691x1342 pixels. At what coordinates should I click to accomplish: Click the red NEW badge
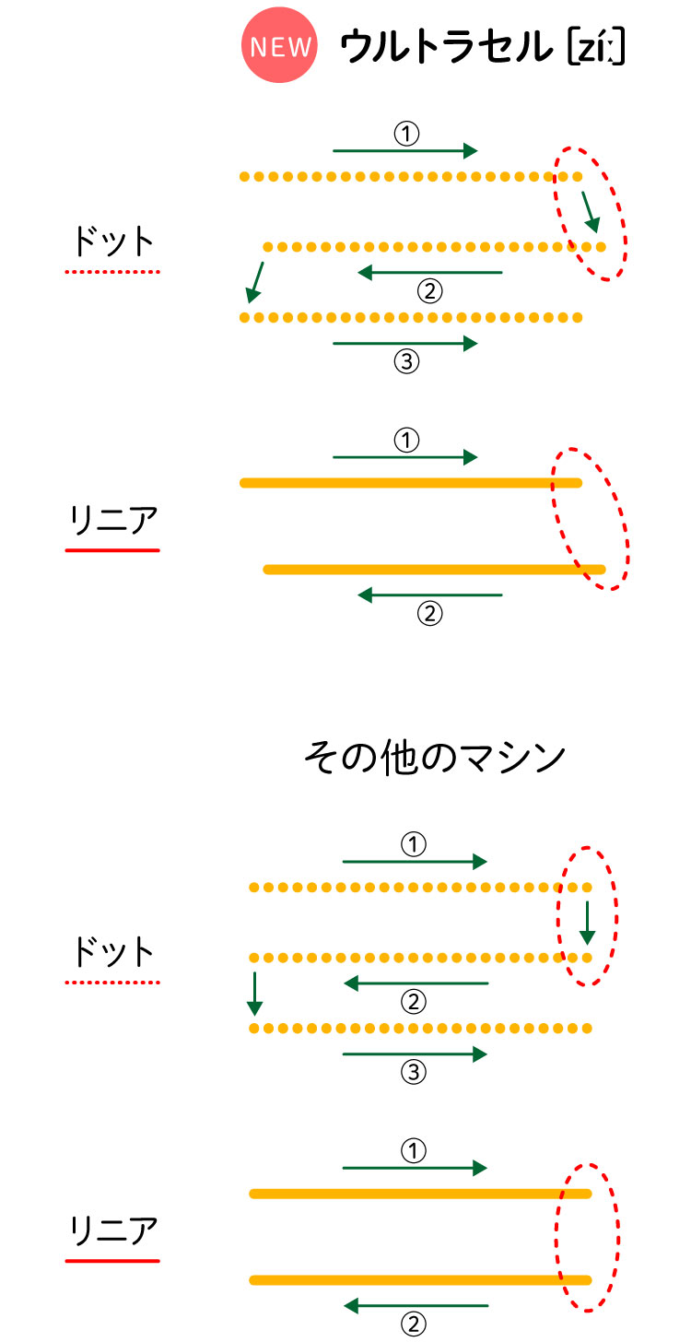[279, 47]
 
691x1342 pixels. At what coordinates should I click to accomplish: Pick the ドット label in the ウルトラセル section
[112, 241]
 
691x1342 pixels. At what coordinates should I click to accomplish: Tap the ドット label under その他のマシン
[112, 952]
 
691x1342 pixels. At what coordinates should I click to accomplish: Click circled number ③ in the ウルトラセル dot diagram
[406, 361]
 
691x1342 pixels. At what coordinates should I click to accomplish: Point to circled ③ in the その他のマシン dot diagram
[415, 1072]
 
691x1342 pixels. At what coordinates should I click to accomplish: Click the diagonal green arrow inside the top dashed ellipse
[590, 211]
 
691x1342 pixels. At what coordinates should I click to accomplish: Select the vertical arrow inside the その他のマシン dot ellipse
[588, 923]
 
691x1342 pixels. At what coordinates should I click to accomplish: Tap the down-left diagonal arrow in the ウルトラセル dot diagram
[254, 282]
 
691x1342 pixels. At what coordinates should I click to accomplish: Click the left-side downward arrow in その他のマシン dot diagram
[255, 992]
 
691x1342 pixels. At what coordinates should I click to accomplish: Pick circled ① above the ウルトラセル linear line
[406, 441]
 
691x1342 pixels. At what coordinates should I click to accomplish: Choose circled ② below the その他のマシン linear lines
[415, 1324]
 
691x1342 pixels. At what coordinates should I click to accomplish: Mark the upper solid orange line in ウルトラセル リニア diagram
[410, 483]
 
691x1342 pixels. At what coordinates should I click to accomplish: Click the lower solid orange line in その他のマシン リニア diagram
[419, 1279]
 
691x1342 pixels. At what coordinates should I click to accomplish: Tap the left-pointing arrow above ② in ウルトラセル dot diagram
[430, 273]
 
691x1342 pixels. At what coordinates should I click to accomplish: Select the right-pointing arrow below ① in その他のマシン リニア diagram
[415, 1168]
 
